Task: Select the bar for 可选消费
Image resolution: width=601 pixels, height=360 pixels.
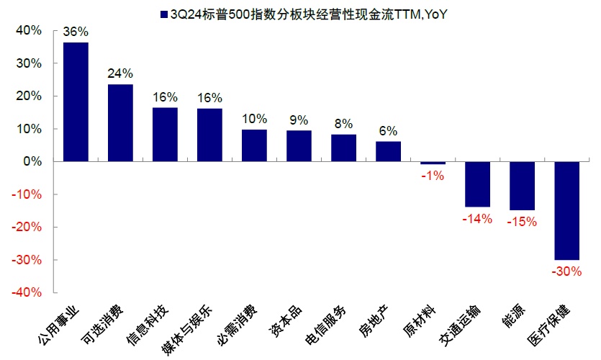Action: [120, 123]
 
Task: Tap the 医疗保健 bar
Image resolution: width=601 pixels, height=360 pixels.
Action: [567, 210]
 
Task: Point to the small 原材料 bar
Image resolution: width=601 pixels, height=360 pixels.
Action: [433, 163]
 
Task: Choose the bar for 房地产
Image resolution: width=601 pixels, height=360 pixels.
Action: [388, 151]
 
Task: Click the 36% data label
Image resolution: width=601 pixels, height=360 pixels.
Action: [76, 32]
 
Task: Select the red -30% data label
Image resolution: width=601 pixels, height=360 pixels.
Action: [567, 271]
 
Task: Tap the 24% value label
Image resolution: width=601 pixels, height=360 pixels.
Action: [120, 73]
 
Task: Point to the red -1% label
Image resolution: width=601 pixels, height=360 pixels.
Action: [433, 176]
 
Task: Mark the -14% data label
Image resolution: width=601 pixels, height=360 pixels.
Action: [477, 218]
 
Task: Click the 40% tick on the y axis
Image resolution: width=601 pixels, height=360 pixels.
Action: [28, 30]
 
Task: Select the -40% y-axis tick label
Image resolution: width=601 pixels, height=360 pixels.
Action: [26, 292]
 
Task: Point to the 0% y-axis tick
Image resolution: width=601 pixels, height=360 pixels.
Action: [32, 161]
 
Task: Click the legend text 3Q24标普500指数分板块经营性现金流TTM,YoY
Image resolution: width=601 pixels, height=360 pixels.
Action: [303, 14]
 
